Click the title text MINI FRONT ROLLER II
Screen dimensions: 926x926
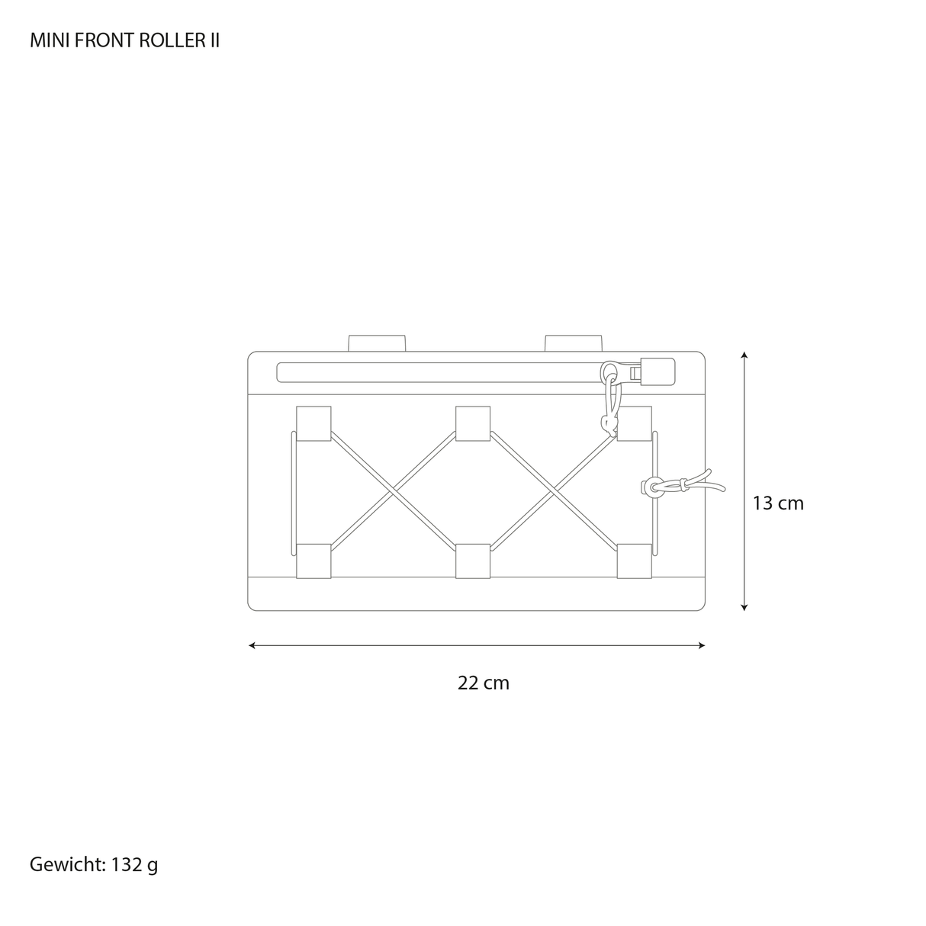click(x=124, y=41)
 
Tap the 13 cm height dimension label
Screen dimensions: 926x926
click(x=777, y=503)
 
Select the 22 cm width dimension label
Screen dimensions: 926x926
click(x=483, y=683)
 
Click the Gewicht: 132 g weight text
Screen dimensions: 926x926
click(x=94, y=864)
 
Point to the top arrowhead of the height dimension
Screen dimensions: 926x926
click(x=744, y=355)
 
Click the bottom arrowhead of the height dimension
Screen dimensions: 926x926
click(x=744, y=607)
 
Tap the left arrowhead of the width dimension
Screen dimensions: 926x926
click(x=252, y=645)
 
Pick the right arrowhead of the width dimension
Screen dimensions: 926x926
click(x=702, y=645)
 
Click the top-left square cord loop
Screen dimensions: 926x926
click(x=313, y=423)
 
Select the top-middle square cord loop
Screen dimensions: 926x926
click(x=473, y=423)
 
